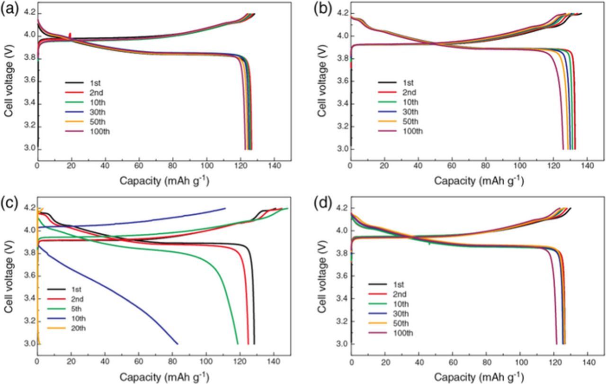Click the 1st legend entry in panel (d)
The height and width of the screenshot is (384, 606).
pos(398,284)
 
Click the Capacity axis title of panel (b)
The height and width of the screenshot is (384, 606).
pos(479,181)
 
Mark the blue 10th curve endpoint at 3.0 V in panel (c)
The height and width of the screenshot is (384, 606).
pos(178,344)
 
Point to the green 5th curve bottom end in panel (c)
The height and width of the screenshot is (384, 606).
pos(238,344)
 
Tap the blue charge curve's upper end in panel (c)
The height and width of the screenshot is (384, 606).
pos(225,208)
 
